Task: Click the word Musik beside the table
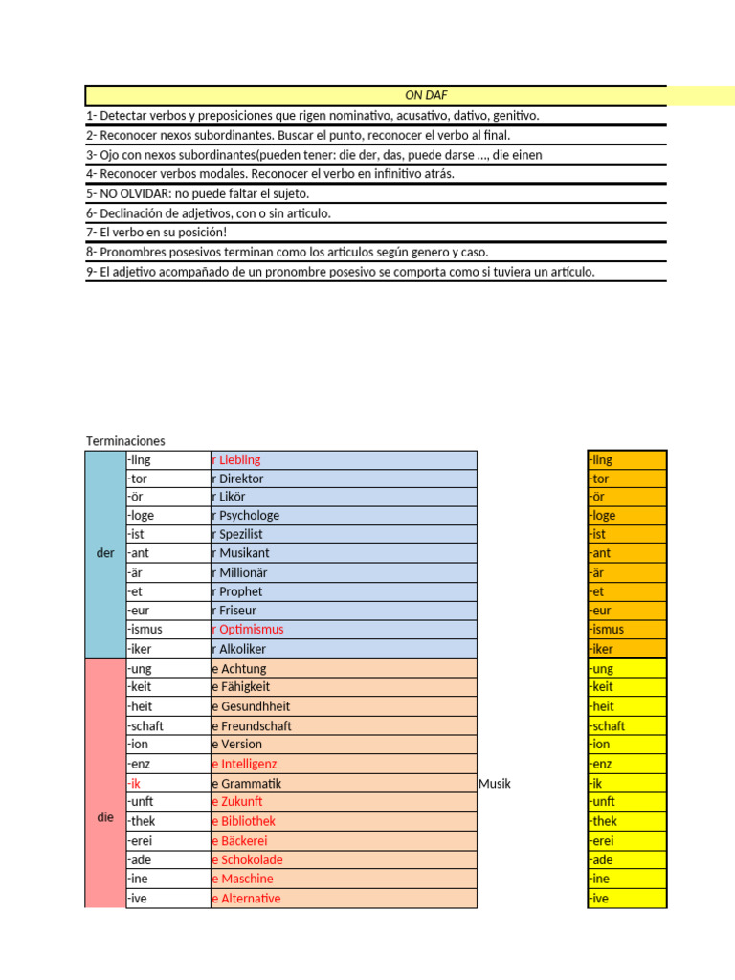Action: point(495,784)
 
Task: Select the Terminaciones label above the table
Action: point(125,441)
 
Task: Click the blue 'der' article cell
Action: point(105,554)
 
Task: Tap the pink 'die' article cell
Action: point(105,819)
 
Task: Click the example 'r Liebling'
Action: point(235,460)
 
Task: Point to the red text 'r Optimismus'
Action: point(247,630)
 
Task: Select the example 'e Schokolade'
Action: point(247,859)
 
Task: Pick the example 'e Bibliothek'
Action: point(243,821)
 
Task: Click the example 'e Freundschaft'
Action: point(251,725)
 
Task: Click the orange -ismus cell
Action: point(627,630)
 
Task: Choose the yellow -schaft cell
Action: point(627,725)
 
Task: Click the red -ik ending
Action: point(135,784)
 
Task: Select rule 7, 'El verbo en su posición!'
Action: point(157,234)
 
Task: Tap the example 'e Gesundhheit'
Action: point(251,706)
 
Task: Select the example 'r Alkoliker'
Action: point(238,649)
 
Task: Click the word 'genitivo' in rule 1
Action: point(516,116)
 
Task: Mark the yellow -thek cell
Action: point(627,821)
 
